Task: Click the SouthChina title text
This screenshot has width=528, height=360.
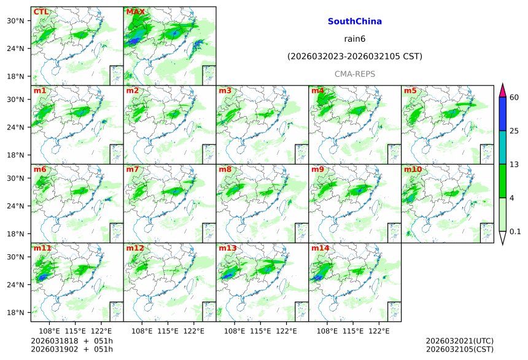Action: click(355, 22)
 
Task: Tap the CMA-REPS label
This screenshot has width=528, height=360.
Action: click(355, 74)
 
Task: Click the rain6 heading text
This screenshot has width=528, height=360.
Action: click(355, 39)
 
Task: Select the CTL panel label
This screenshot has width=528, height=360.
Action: click(41, 12)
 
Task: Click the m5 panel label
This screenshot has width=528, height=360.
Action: click(410, 91)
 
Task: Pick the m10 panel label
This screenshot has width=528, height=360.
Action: click(413, 170)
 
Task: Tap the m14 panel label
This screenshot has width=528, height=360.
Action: click(320, 248)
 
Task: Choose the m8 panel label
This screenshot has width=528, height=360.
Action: click(225, 170)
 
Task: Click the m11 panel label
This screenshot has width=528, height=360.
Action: click(42, 248)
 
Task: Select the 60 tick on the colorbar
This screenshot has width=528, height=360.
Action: click(514, 98)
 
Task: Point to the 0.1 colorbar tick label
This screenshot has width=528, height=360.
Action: click(515, 231)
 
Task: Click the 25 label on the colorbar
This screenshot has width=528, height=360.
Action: click(514, 131)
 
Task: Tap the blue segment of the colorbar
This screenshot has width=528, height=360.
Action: click(502, 114)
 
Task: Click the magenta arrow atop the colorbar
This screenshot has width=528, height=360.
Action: click(502, 90)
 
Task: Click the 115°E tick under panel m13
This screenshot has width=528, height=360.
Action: click(261, 331)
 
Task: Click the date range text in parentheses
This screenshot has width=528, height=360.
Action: click(355, 57)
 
